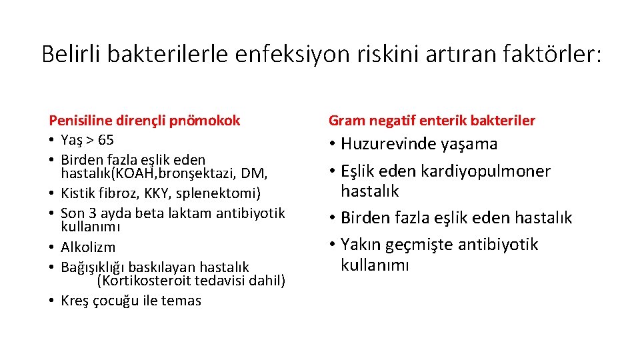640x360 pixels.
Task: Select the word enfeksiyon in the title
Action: tap(291, 54)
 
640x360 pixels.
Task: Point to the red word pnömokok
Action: tap(208, 121)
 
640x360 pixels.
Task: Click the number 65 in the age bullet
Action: tap(105, 140)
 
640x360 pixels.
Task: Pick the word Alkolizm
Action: tap(88, 247)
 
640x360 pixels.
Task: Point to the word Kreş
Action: tap(75, 301)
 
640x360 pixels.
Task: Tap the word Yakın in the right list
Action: tap(359, 245)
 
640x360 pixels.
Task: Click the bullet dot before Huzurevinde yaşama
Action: tap(332, 144)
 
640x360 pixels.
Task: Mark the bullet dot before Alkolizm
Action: tap(52, 247)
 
